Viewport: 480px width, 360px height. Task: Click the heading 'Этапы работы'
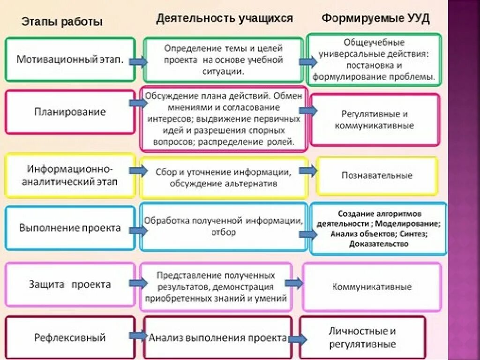tap(61, 22)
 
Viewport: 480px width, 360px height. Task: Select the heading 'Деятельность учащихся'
tap(225, 18)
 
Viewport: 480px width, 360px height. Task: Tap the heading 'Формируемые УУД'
tap(375, 19)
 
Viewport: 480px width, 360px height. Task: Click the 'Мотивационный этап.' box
tap(70, 60)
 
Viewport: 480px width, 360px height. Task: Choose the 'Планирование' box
tap(70, 112)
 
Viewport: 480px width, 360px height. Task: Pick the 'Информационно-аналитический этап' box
tap(70, 175)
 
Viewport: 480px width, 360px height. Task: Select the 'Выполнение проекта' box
tap(70, 228)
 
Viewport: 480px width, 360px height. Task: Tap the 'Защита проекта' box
tap(70, 285)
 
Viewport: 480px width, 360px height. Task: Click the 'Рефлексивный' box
tap(70, 337)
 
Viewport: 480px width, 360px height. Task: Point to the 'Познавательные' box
tap(377, 175)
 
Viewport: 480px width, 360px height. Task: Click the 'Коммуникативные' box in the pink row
tap(372, 287)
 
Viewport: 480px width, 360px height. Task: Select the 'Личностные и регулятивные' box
tap(362, 337)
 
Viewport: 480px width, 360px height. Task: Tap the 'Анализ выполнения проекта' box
tap(218, 338)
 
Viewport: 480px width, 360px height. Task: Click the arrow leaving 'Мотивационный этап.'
tap(138, 62)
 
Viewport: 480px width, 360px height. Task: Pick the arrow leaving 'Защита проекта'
tap(138, 283)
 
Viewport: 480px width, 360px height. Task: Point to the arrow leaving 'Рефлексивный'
tap(138, 336)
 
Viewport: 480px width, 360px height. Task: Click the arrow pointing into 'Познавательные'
tap(308, 171)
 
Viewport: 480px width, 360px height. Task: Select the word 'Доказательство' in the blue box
tap(379, 244)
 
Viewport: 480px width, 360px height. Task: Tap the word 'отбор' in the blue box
tap(224, 232)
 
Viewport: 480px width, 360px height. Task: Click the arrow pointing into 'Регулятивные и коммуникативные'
tap(308, 111)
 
